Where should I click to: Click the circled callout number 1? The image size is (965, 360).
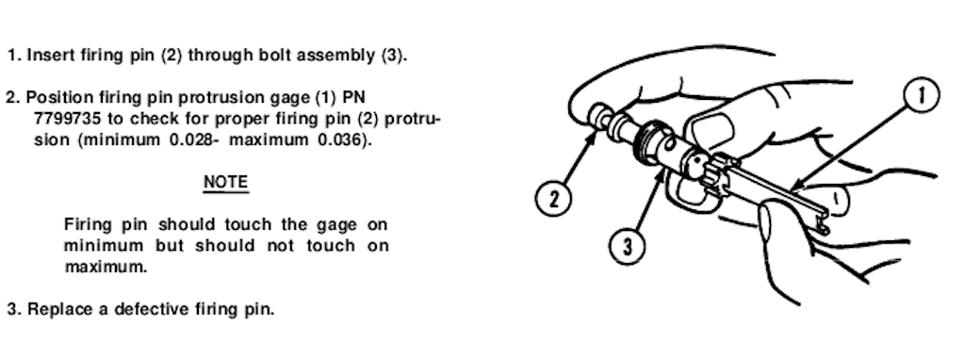922,97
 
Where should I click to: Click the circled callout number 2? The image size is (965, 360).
553,200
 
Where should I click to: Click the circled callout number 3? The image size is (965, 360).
627,247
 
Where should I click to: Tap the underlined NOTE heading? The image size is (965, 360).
226,183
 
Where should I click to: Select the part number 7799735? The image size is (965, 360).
67,119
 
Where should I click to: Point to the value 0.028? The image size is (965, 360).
190,139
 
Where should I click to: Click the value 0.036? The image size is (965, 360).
339,139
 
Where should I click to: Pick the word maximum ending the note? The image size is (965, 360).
106,268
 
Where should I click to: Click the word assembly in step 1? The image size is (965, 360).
338,57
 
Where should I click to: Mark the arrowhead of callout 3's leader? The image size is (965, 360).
662,174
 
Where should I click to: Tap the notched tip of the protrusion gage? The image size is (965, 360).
823,223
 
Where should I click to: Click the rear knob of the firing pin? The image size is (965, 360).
597,116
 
